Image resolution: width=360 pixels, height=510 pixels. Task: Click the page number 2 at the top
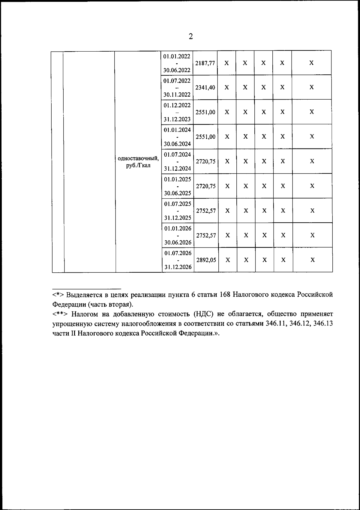coord(191,37)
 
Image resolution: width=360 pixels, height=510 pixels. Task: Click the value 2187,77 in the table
coord(205,63)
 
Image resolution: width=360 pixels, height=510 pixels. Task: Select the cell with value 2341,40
coord(205,88)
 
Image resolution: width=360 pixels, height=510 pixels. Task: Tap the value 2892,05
coord(206,260)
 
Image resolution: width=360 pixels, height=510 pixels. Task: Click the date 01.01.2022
coord(177,56)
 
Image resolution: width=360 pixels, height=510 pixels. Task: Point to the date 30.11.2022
coord(177,95)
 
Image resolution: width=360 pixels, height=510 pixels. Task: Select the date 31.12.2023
coord(177,119)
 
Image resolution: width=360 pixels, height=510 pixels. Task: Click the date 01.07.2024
coord(178,154)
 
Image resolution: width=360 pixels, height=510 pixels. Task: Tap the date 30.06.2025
coord(178,193)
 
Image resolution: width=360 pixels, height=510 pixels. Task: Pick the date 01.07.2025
coord(178,204)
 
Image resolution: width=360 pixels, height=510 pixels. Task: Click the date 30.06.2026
coord(178,242)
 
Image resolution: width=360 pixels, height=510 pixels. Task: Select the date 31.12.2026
coord(178,267)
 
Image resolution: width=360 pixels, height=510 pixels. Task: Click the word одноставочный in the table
coord(138,158)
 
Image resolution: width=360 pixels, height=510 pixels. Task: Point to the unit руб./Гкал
coord(138,166)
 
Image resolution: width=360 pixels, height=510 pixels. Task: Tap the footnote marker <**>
coord(60,314)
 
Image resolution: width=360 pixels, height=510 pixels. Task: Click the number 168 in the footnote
coord(225,295)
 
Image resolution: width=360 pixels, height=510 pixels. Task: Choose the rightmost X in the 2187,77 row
coord(311,63)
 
